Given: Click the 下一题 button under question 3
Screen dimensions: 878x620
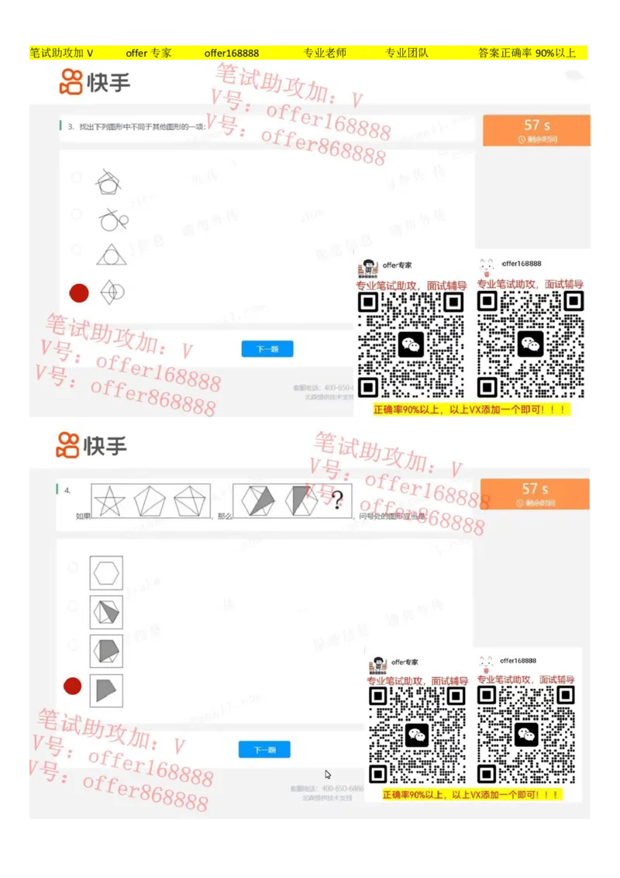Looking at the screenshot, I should [267, 349].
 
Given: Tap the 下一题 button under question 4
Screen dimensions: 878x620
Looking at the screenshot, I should [264, 749].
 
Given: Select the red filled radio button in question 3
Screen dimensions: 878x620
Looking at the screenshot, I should [79, 292].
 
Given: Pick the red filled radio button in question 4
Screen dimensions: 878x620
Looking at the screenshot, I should [72, 686].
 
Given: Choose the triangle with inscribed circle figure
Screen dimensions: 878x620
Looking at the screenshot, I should [112, 254].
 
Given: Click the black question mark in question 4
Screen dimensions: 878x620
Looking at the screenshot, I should [337, 500].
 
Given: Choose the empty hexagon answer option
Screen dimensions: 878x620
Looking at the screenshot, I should [106, 574].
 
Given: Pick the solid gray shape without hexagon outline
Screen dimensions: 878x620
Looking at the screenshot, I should [106, 689].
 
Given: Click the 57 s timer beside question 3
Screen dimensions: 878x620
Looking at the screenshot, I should [536, 130].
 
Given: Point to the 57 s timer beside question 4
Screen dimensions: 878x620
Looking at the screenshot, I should [535, 493].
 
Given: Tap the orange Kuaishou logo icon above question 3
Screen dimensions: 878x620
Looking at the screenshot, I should [71, 81].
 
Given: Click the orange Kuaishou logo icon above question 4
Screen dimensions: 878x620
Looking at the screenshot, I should [68, 445].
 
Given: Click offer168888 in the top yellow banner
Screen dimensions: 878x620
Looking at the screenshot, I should [232, 53].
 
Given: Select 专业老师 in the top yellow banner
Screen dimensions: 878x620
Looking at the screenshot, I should [325, 53].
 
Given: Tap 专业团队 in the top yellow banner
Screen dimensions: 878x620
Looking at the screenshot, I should [407, 53].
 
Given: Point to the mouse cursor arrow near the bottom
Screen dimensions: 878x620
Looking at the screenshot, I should [328, 774].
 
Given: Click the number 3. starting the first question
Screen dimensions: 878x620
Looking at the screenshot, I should [71, 126].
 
